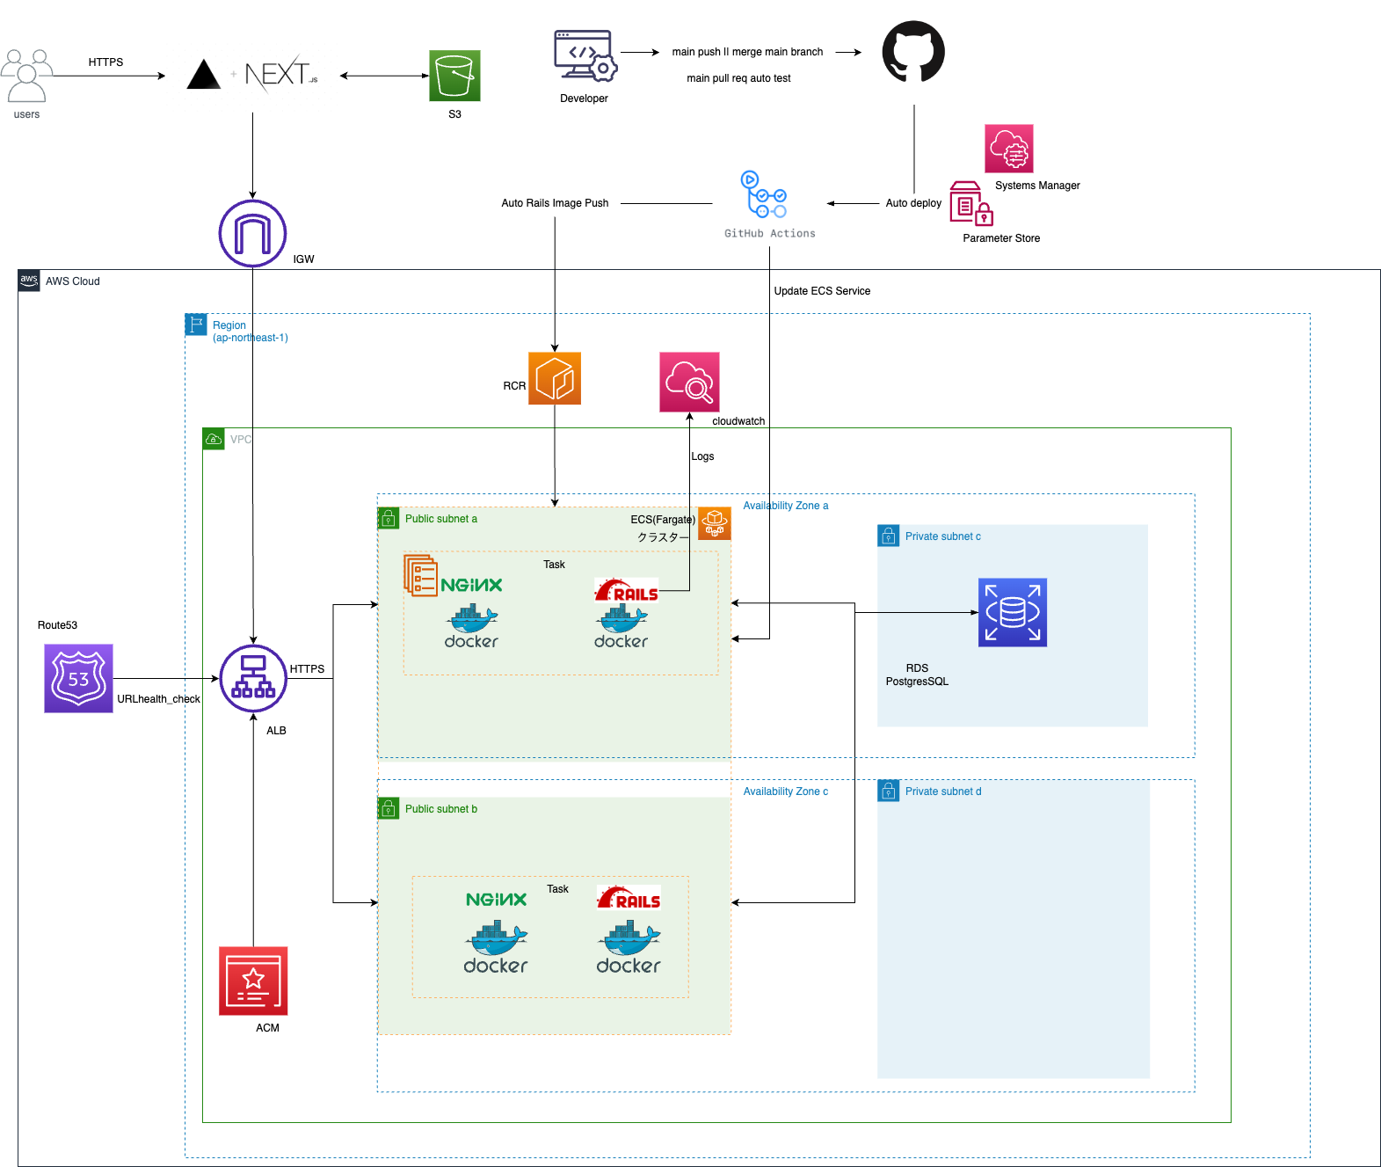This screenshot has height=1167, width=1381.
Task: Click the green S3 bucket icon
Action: [x=454, y=76]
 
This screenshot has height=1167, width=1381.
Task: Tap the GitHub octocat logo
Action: [x=913, y=52]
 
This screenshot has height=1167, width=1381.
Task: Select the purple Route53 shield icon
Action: [x=78, y=678]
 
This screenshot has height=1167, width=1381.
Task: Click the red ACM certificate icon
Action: [x=253, y=981]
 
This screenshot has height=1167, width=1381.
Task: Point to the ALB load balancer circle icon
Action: [x=253, y=678]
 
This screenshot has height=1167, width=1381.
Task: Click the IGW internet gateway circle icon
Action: [x=252, y=233]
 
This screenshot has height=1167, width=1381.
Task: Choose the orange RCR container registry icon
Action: [x=555, y=378]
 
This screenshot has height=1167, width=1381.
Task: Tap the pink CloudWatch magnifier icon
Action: [x=689, y=382]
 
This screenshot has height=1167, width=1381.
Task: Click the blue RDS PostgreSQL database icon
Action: [x=1013, y=612]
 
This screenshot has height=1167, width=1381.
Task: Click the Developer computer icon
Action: [x=585, y=57]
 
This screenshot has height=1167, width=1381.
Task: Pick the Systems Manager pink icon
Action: [x=1009, y=148]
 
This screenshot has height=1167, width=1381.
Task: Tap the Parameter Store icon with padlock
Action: [x=970, y=204]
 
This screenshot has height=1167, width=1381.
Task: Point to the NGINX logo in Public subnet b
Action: [x=496, y=900]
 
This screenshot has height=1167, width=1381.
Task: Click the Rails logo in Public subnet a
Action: [x=627, y=590]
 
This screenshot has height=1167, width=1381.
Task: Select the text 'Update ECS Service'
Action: [x=822, y=291]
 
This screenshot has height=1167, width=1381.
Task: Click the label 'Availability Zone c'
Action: [x=785, y=791]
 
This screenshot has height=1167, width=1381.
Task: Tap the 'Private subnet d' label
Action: [x=943, y=791]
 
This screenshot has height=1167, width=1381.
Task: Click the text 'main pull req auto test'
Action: [x=738, y=78]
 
